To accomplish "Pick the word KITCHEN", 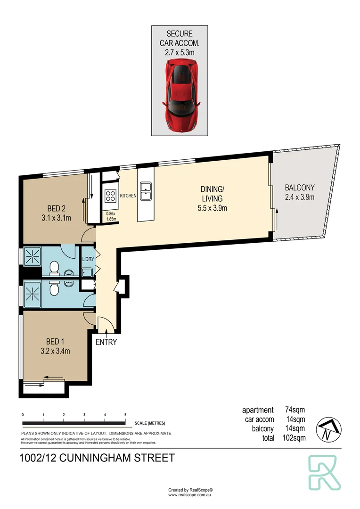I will click(128, 196).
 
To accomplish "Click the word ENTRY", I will click(106, 342).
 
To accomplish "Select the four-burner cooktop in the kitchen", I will click(110, 195).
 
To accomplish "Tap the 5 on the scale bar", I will click(125, 414).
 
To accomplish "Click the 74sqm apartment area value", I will click(295, 410).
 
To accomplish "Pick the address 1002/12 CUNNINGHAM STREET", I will click(98, 458).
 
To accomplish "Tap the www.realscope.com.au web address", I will click(191, 495).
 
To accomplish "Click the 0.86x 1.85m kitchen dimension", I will click(111, 216).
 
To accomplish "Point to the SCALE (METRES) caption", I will click(150, 423).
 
